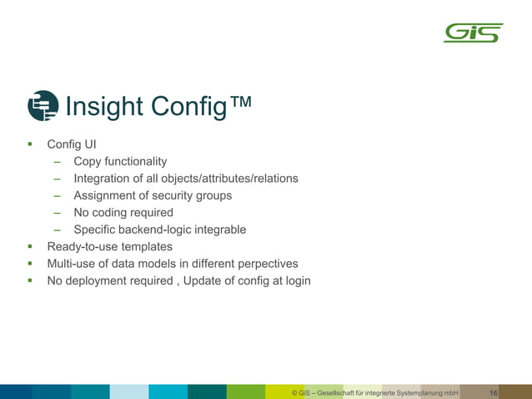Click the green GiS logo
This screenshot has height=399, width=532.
click(473, 33)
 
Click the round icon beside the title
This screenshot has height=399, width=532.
click(43, 106)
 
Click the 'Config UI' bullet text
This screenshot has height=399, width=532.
click(72, 144)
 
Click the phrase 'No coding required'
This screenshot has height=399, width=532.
click(123, 212)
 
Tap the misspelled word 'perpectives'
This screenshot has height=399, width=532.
click(264, 264)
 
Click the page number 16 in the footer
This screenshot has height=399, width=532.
click(494, 392)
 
